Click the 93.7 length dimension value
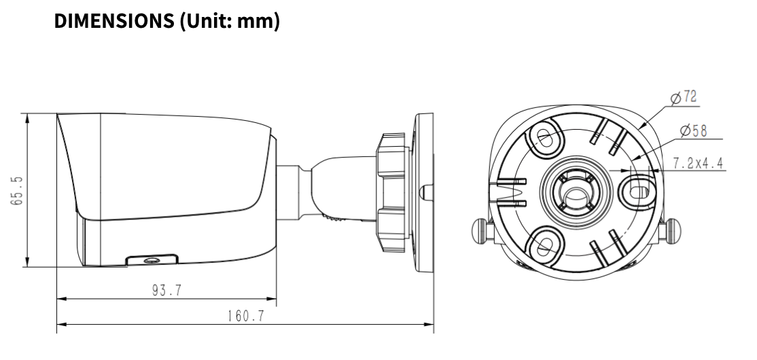click(166, 291)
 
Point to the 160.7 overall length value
click(245, 317)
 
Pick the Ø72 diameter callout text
click(684, 98)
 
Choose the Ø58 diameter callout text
click(693, 130)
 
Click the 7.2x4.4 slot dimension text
click(697, 163)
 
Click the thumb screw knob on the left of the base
click(480, 230)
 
